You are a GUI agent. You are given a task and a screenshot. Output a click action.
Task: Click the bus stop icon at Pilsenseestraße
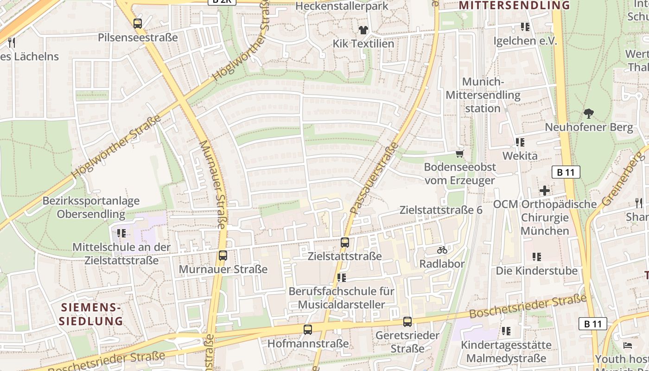(x=138, y=24)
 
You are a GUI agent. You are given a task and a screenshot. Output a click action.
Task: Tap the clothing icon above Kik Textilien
(x=363, y=30)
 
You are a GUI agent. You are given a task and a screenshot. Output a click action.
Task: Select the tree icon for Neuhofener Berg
(x=589, y=113)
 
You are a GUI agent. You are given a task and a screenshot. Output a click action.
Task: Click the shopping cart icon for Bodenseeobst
(x=459, y=154)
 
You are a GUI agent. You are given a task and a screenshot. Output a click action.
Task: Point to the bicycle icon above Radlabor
(x=442, y=250)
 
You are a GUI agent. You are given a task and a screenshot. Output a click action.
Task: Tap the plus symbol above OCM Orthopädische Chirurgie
(x=545, y=190)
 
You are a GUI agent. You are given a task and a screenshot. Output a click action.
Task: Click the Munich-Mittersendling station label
(x=483, y=95)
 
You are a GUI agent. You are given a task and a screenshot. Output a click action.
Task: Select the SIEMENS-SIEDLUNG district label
(x=91, y=314)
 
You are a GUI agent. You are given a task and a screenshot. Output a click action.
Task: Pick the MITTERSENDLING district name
(x=514, y=6)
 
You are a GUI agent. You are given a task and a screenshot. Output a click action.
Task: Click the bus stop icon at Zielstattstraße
(x=345, y=242)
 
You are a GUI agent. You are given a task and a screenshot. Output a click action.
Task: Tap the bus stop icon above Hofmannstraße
(x=307, y=330)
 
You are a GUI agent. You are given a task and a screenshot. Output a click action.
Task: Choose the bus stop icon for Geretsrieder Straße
(x=407, y=321)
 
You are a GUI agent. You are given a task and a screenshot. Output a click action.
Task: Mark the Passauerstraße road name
(x=375, y=178)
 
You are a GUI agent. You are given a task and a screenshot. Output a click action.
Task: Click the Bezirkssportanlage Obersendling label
(x=91, y=208)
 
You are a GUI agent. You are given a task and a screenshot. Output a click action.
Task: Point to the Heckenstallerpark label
(x=342, y=6)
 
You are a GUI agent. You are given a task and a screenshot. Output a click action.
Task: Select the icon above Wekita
(x=520, y=142)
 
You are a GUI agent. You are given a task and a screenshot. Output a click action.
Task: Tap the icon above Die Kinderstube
(x=537, y=256)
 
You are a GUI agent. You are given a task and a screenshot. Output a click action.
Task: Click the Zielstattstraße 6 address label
(x=441, y=210)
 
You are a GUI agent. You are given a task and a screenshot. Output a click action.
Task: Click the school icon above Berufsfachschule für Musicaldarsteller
(x=342, y=278)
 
